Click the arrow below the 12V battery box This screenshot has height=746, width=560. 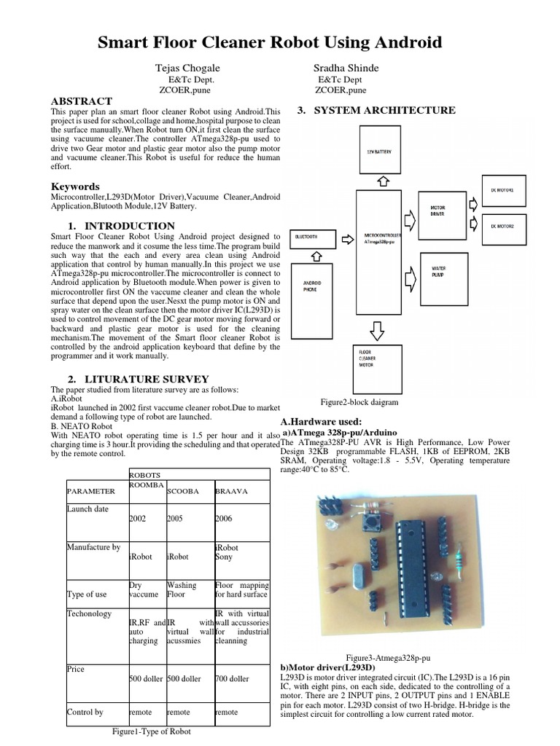point(386,180)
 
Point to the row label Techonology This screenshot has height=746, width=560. point(90,613)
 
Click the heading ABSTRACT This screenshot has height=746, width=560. point(81,101)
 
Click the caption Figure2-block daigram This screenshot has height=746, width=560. point(359,402)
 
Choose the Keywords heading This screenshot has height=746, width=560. point(75,186)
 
